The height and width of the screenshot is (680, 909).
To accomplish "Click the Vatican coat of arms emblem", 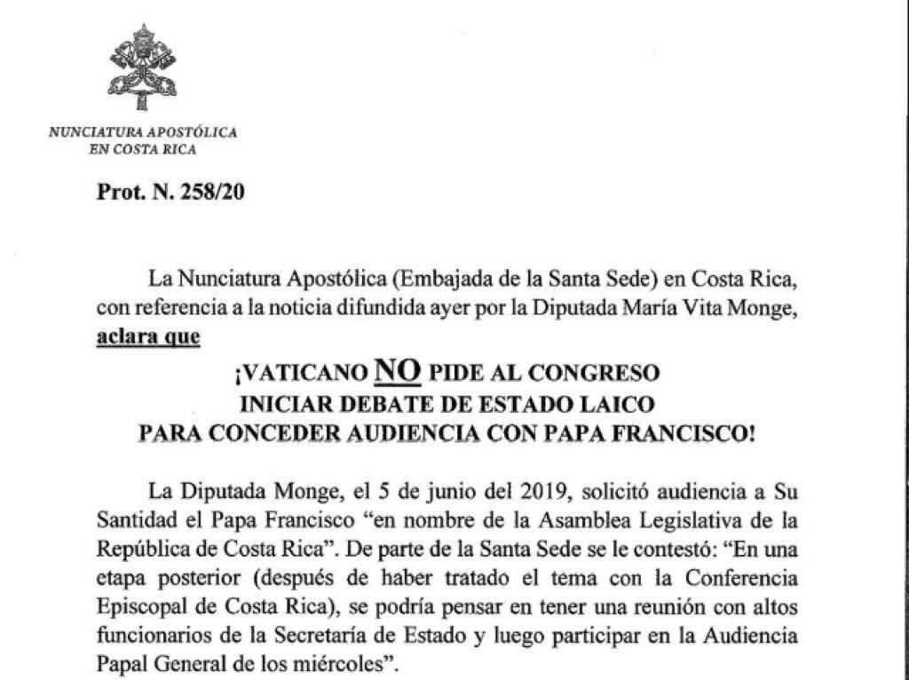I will [143, 67].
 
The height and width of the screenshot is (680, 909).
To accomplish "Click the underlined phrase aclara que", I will [147, 337].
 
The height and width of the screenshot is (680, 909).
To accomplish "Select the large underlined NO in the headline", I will [396, 369].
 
